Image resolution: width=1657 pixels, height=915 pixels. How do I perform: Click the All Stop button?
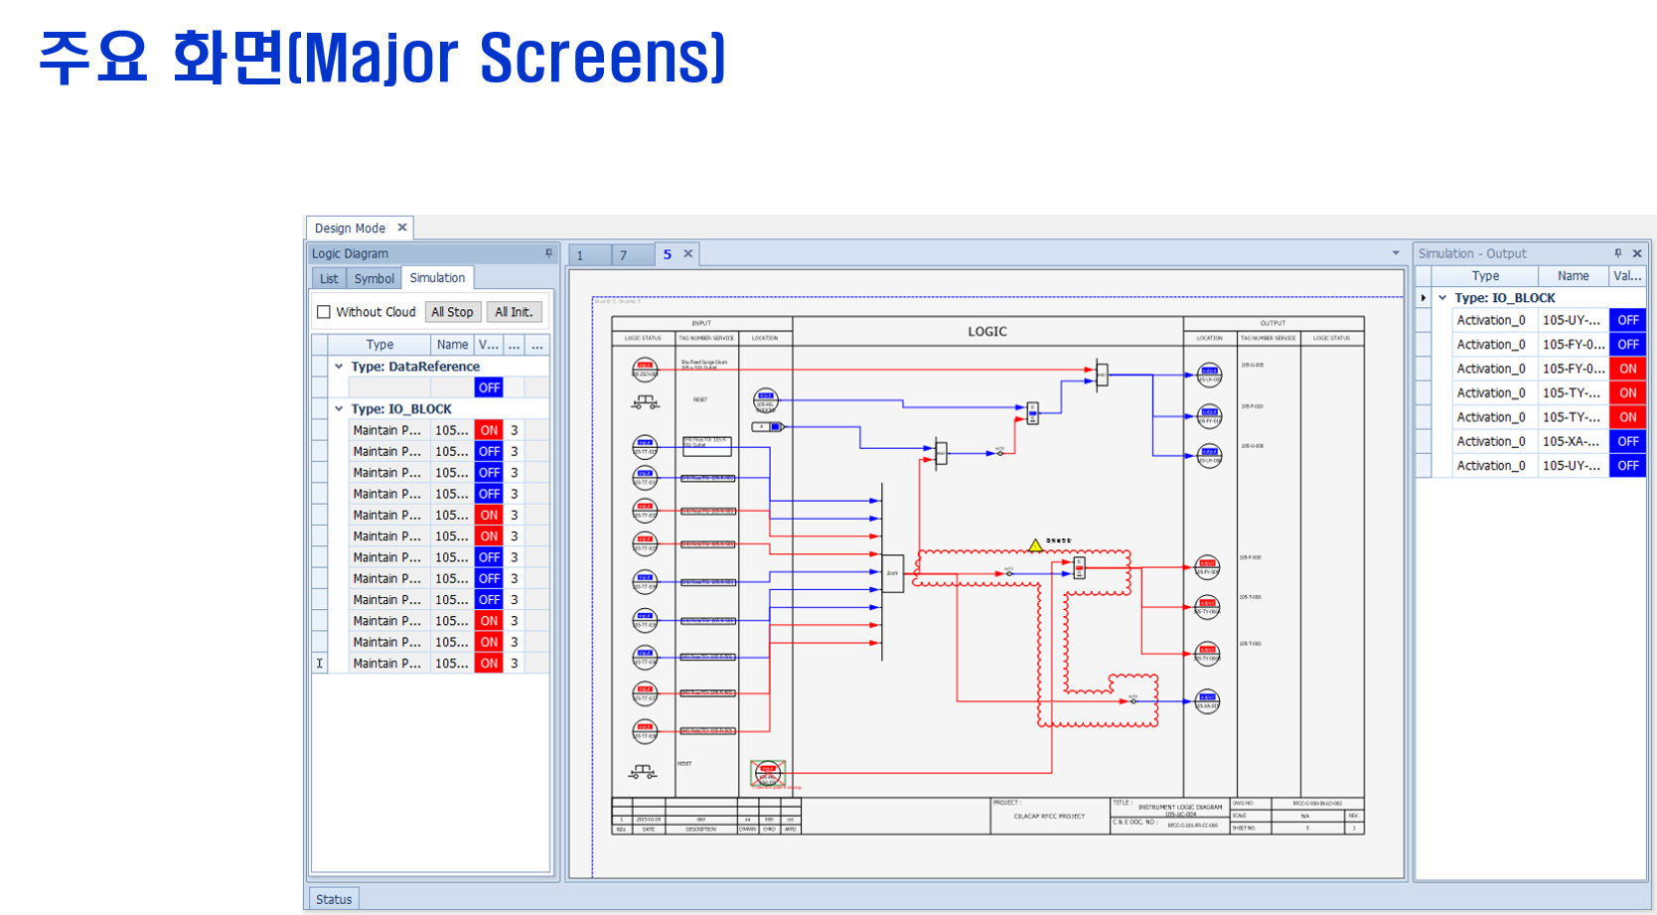pyautogui.click(x=452, y=312)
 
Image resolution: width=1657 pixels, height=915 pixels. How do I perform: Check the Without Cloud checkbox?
pyautogui.click(x=324, y=312)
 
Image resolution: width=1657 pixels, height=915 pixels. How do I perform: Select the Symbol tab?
pyautogui.click(x=374, y=278)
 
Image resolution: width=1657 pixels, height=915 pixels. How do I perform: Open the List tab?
pyautogui.click(x=329, y=278)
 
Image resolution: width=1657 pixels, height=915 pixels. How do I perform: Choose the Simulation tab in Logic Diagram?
pyautogui.click(x=437, y=278)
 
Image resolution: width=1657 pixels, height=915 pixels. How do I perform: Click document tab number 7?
pyautogui.click(x=624, y=255)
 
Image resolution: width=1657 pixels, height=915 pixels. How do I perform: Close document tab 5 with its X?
pyautogui.click(x=687, y=254)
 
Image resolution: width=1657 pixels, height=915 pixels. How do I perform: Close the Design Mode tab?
pyautogui.click(x=402, y=228)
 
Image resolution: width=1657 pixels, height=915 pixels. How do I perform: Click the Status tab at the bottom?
pyautogui.click(x=334, y=899)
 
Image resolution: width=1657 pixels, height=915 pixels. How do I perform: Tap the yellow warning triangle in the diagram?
pyautogui.click(x=1035, y=545)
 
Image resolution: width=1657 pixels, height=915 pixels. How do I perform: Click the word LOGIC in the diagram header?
pyautogui.click(x=987, y=332)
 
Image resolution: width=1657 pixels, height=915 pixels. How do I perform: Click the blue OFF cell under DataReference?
pyautogui.click(x=489, y=387)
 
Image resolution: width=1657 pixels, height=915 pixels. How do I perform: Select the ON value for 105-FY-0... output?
pyautogui.click(x=1627, y=369)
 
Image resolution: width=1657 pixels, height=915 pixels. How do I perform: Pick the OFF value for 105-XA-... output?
pyautogui.click(x=1627, y=441)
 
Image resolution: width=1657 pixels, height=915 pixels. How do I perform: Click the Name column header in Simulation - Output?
pyautogui.click(x=1573, y=276)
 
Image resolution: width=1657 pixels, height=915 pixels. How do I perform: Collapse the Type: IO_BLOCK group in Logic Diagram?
pyautogui.click(x=339, y=408)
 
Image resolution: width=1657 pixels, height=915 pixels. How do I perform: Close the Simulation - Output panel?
pyautogui.click(x=1637, y=253)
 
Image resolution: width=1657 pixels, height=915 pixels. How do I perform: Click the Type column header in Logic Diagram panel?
pyautogui.click(x=379, y=345)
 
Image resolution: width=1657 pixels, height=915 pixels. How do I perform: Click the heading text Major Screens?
pyautogui.click(x=513, y=58)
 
